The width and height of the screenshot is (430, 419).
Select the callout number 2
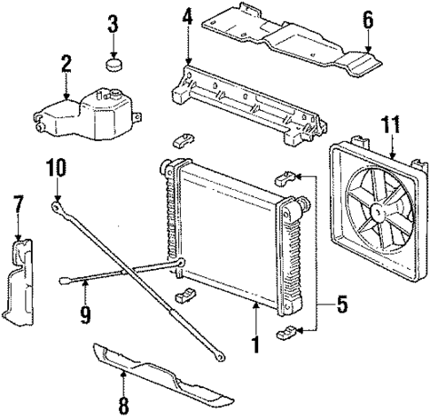(66, 63)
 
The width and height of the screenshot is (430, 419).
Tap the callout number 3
(113, 24)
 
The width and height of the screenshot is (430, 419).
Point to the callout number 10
(56, 166)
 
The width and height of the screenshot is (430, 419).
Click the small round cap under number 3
(113, 64)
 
